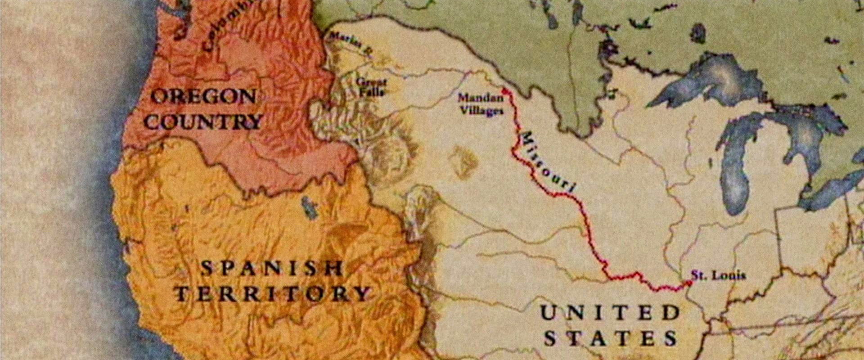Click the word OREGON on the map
pos(203,97)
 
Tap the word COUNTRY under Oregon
pos(203,122)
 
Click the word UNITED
pos(610,313)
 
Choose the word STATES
pos(611,338)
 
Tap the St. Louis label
pos(718,275)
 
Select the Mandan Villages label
pos(480,104)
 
